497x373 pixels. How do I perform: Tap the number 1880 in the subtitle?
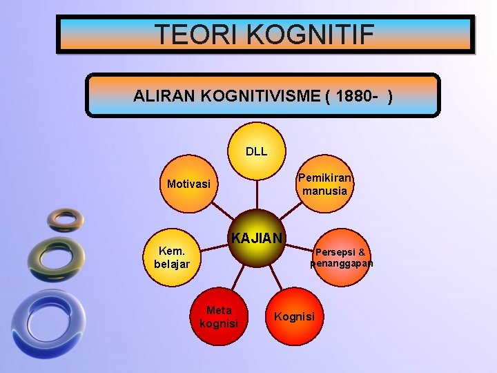pyautogui.click(x=358, y=96)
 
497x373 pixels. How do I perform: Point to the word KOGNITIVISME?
pyautogui.click(x=260, y=96)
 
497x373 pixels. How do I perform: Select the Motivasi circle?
pyautogui.click(x=188, y=184)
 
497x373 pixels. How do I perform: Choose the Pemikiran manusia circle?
pyautogui.click(x=323, y=184)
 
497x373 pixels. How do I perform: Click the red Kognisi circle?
pyautogui.click(x=294, y=316)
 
